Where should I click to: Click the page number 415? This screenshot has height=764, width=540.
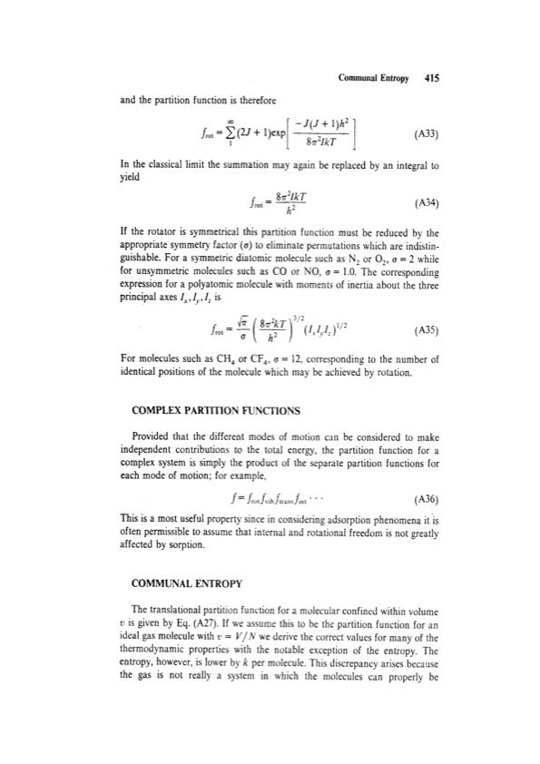[x=431, y=78]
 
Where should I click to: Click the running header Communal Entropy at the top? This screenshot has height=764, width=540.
[x=372, y=78]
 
